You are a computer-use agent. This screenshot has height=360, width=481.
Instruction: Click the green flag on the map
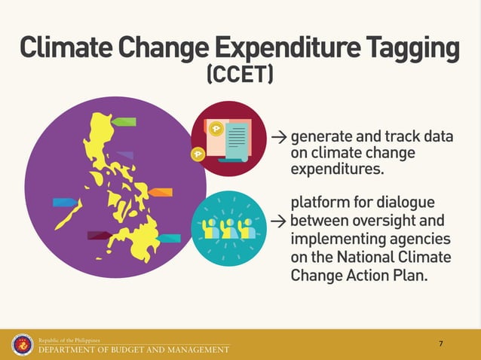point(124,121)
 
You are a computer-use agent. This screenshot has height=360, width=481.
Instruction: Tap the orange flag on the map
point(161,192)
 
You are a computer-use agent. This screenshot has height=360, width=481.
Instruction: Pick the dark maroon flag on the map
point(100,236)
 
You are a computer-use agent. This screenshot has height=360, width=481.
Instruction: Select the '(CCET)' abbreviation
point(240,76)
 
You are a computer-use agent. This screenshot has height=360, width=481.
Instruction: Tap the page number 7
point(440,344)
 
